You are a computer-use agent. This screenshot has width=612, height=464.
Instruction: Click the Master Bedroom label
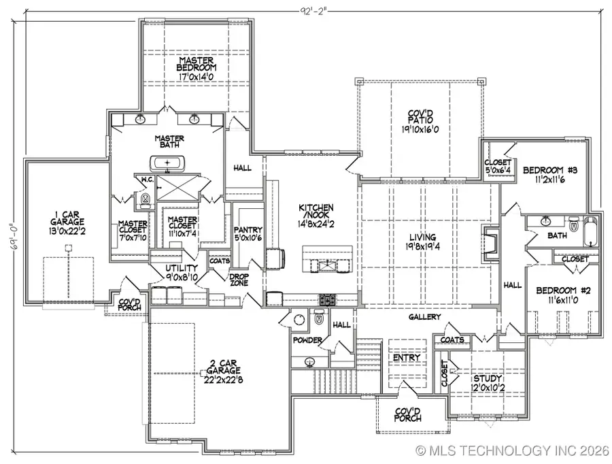click(x=197, y=64)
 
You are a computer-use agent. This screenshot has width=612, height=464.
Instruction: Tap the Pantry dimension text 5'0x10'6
click(x=243, y=237)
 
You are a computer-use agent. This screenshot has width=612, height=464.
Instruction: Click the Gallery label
click(x=424, y=317)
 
